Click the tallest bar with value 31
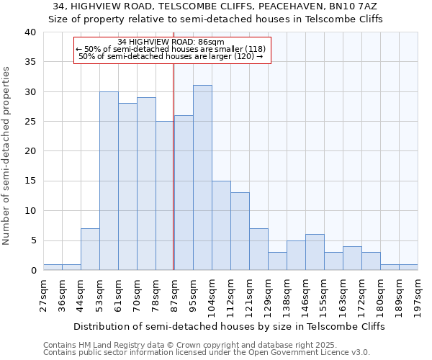[x=202, y=178]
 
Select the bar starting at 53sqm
[x=109, y=181]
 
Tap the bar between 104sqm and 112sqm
[x=221, y=225]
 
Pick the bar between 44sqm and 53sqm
[x=90, y=249]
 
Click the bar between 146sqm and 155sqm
[x=315, y=252]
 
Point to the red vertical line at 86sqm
[x=174, y=166]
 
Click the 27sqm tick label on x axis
[x=43, y=296]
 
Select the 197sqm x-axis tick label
[x=418, y=296]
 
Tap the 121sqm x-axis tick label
[x=250, y=296]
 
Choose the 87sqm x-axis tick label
[x=175, y=296]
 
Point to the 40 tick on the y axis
[x=30, y=32]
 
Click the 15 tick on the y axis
[x=30, y=181]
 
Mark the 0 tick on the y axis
[x=32, y=271]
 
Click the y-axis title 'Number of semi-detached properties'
[x=7, y=156]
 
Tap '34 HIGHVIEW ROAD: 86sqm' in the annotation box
[x=171, y=42]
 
